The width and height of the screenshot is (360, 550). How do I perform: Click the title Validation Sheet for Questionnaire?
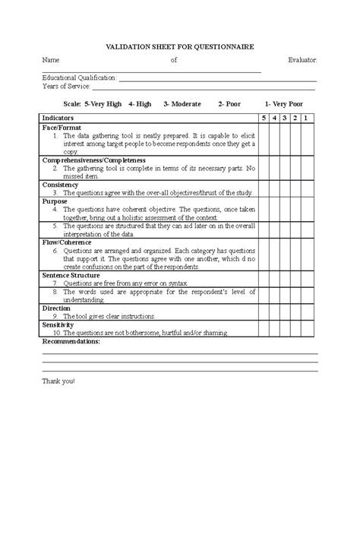point(179,46)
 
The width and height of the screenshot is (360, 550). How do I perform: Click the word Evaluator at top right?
point(302,60)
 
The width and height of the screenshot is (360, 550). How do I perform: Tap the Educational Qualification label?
point(79,77)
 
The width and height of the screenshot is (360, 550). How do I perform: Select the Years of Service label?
point(65,86)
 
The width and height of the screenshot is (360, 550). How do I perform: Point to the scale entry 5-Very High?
point(93,103)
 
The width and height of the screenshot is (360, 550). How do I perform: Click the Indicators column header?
point(58,119)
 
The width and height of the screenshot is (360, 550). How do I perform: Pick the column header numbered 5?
point(264,119)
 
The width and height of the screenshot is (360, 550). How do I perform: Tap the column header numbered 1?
point(305,119)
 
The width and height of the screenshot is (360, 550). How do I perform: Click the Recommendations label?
point(71,342)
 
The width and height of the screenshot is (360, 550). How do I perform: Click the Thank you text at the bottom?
point(58,379)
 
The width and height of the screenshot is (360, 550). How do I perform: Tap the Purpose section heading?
point(55,201)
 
